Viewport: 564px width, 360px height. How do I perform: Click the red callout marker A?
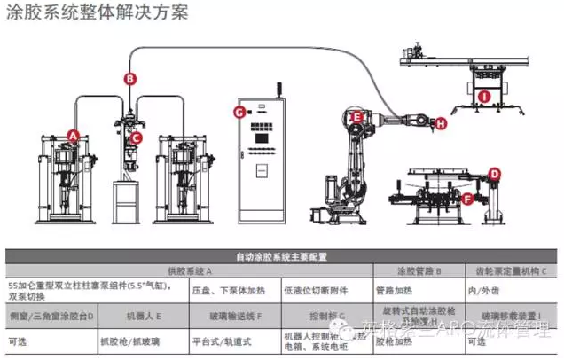click(x=74, y=136)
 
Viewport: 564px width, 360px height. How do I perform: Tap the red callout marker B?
click(x=130, y=78)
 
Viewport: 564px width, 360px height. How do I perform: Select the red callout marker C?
click(x=137, y=137)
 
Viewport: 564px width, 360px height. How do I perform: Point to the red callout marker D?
click(x=496, y=174)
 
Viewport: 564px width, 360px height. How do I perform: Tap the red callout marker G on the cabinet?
click(x=239, y=112)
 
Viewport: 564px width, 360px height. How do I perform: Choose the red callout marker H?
click(x=442, y=125)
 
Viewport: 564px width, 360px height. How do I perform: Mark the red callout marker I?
click(x=484, y=94)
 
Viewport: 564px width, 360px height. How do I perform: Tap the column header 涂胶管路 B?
click(x=419, y=271)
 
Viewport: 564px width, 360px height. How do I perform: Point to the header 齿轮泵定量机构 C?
click(x=514, y=271)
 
